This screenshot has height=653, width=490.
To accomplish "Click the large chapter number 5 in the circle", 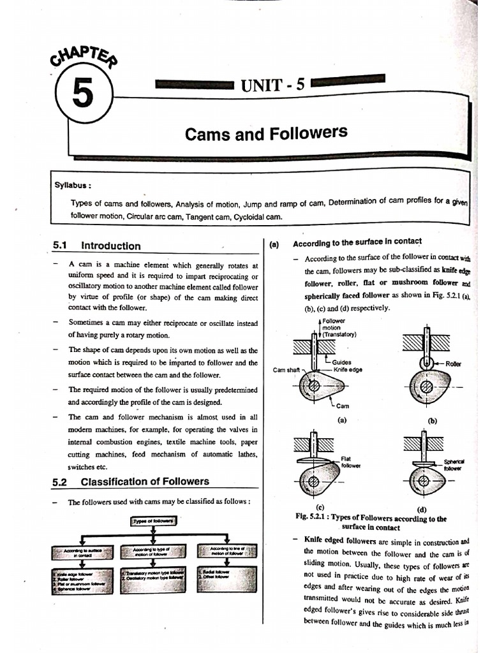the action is point(84,95).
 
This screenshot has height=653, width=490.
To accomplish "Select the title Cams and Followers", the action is point(266,133).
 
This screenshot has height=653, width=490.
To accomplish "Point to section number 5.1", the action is point(61,246).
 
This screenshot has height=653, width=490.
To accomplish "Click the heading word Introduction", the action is point(111,246).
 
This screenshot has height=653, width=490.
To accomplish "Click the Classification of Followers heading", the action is point(145,481).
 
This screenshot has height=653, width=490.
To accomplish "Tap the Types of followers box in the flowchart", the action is point(154,522).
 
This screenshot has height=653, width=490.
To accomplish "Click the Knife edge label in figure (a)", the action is point(348,369).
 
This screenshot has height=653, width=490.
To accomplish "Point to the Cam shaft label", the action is point(287,371).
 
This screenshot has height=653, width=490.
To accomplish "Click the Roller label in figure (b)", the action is point(454,363).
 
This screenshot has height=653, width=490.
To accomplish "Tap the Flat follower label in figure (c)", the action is point(350,462).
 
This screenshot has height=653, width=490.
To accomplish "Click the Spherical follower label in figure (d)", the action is point(454,465).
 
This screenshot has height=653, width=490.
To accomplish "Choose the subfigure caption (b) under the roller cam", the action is point(433,420).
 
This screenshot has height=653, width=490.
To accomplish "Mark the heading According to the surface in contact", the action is point(357,242).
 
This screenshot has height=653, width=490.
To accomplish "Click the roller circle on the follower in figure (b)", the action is point(424,362).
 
